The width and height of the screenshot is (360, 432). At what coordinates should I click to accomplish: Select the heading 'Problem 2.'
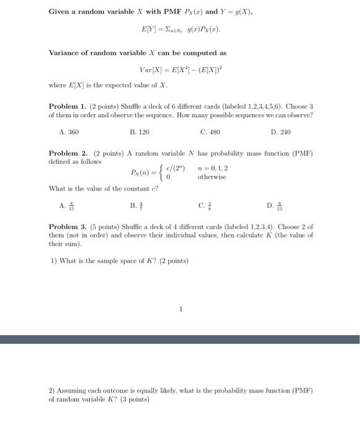click(69, 152)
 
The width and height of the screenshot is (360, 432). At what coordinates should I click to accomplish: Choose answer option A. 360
click(69, 131)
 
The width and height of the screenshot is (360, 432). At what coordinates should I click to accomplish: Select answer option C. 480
click(211, 131)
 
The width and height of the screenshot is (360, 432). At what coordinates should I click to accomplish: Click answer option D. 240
click(281, 131)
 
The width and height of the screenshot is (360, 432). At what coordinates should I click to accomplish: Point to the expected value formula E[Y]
click(179, 29)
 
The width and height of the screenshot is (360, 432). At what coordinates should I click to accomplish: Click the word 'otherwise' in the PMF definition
click(212, 177)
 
